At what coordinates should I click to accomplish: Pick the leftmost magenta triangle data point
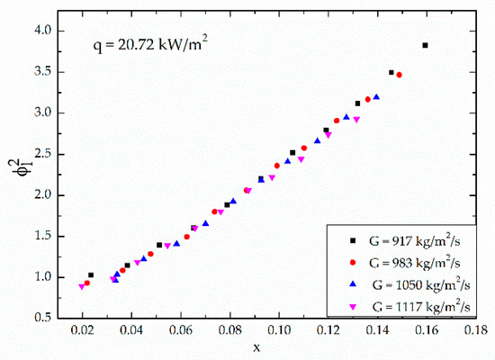point(82,286)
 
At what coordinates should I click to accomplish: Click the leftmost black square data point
point(90,275)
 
